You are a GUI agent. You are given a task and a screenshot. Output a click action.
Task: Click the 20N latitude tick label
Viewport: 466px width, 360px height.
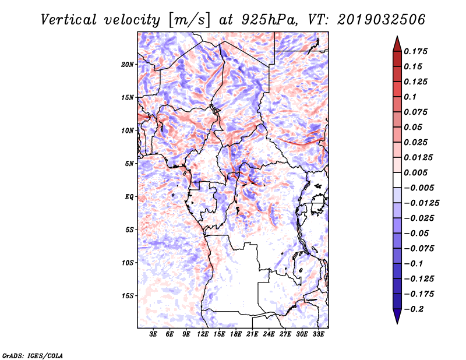128,64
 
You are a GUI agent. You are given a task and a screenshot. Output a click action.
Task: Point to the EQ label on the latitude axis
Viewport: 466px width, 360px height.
129,197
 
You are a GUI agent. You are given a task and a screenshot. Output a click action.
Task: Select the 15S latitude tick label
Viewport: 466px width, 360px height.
128,296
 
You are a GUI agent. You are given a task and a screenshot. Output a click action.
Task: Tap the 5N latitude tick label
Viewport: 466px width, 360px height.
129,164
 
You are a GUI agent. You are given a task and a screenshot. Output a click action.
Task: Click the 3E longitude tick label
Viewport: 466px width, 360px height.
154,334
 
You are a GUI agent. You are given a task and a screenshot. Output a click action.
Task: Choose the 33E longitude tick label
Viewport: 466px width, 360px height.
319,334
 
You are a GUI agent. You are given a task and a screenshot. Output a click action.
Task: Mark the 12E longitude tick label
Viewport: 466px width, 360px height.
203,334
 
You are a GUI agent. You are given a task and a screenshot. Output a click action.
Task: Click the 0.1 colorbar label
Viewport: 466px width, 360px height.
413,97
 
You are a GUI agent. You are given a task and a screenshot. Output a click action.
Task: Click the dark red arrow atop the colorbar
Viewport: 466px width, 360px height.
397,43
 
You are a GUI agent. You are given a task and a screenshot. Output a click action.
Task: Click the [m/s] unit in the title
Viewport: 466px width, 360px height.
187,19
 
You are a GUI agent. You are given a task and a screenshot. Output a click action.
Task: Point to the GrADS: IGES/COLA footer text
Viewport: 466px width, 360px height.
32,355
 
